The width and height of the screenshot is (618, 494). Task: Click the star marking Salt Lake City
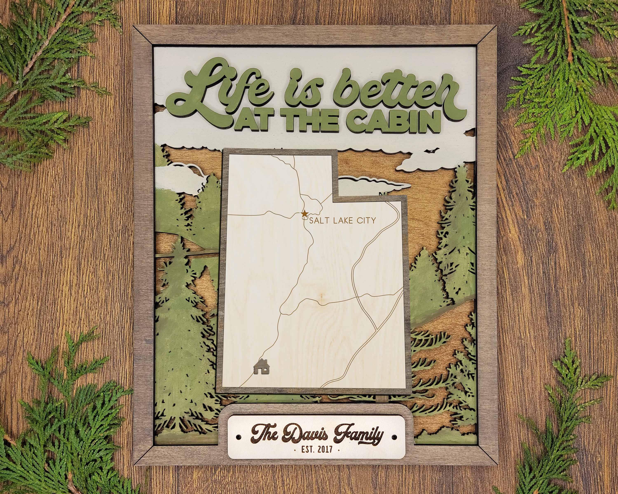304,213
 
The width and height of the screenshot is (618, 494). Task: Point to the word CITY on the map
366,220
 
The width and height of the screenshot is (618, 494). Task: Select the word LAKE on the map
342,220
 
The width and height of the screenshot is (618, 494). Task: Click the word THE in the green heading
315,122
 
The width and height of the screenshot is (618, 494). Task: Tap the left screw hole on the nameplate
238,438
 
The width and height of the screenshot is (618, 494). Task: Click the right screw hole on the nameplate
395,438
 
